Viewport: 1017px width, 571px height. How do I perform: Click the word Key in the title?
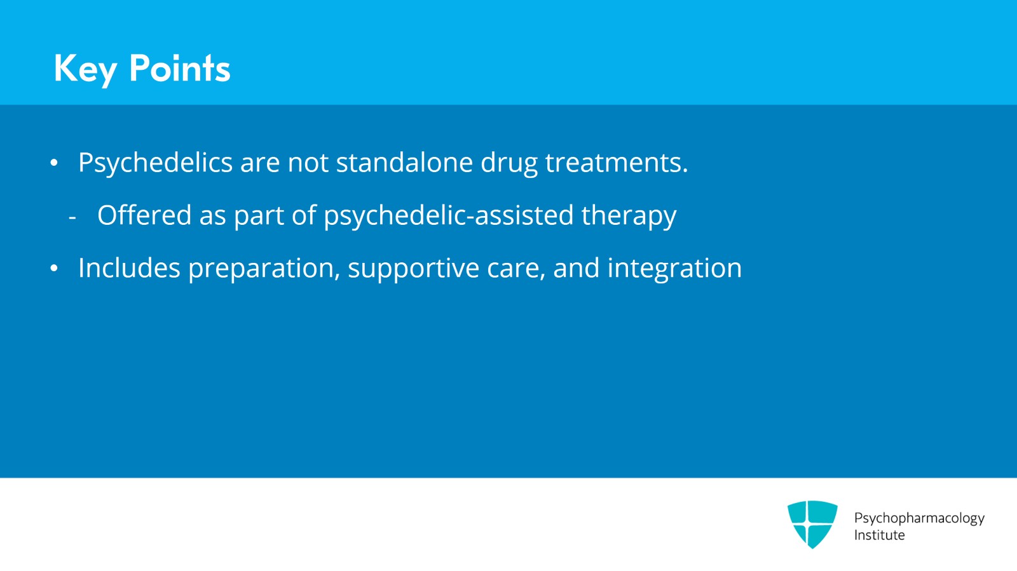[x=85, y=70]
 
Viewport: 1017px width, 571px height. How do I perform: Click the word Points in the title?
[x=180, y=68]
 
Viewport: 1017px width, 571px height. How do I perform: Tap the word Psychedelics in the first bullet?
[x=155, y=163]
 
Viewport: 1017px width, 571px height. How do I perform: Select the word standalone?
[x=404, y=162]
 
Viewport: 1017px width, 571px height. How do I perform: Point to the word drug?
[x=509, y=164]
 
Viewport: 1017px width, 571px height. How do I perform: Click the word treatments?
[x=617, y=163]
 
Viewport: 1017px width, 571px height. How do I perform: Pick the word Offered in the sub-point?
[x=144, y=215]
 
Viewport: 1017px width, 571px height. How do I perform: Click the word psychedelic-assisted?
[x=449, y=216]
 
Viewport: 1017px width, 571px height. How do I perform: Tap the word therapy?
[x=629, y=216]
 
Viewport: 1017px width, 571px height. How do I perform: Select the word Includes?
[x=130, y=267]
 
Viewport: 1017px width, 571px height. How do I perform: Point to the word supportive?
[x=414, y=269]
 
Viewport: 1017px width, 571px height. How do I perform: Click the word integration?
[x=674, y=269]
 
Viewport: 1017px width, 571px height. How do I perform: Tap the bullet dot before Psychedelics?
[x=54, y=163]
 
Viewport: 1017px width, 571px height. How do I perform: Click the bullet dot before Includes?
[x=54, y=268]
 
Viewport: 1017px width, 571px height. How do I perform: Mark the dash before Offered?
[x=72, y=218]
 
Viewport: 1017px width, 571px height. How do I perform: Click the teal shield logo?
[x=812, y=524]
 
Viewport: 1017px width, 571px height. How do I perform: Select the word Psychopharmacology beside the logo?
[x=919, y=518]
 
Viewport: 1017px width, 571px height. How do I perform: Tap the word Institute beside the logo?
[x=880, y=535]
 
